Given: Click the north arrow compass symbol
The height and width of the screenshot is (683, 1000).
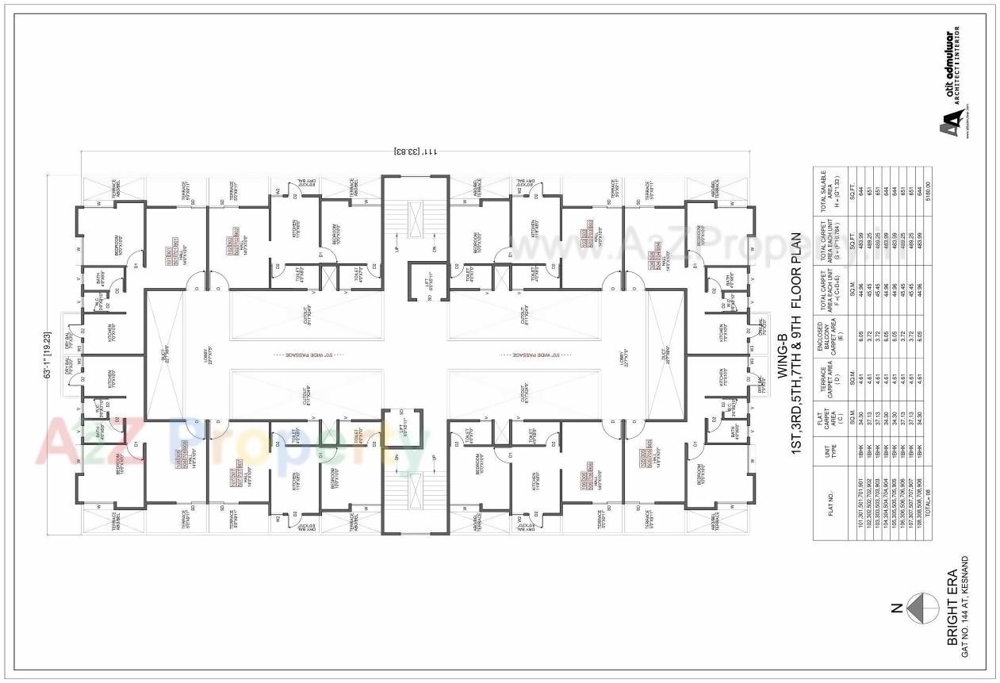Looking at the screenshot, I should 921,608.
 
